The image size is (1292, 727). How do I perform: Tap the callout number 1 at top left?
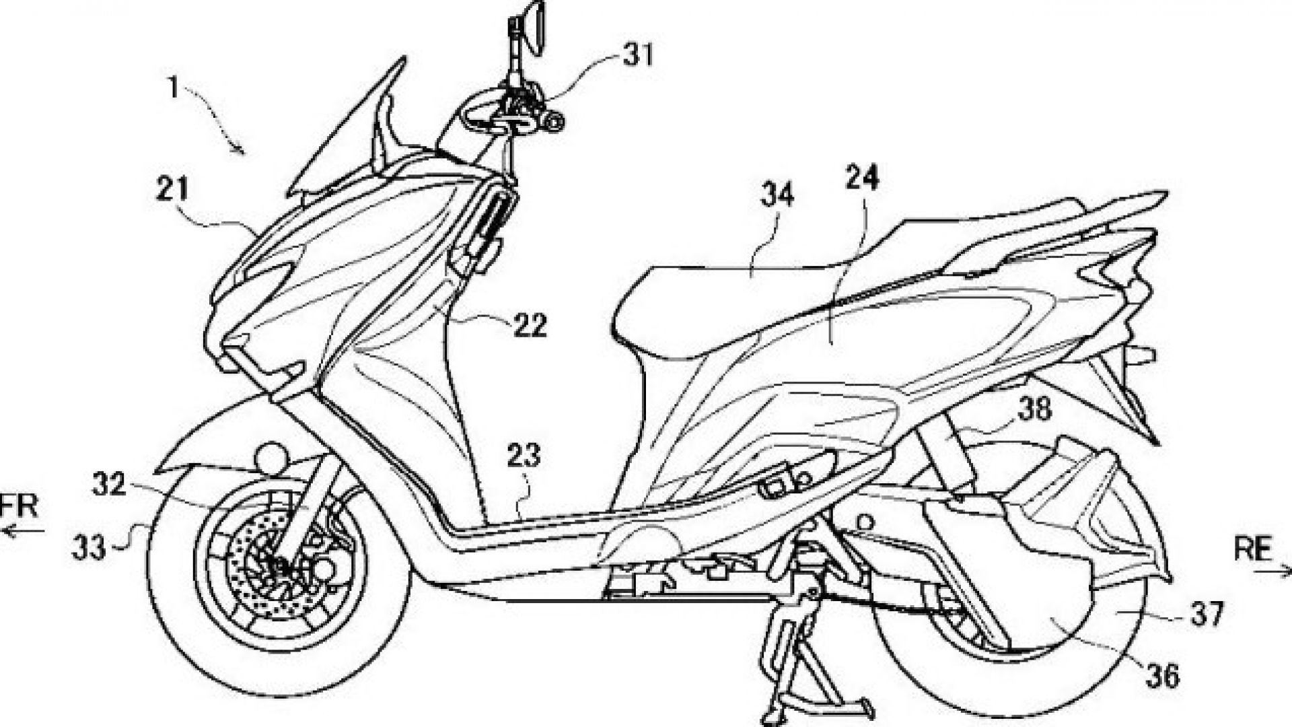pyautogui.click(x=174, y=88)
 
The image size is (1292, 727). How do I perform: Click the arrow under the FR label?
pyautogui.click(x=23, y=530)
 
